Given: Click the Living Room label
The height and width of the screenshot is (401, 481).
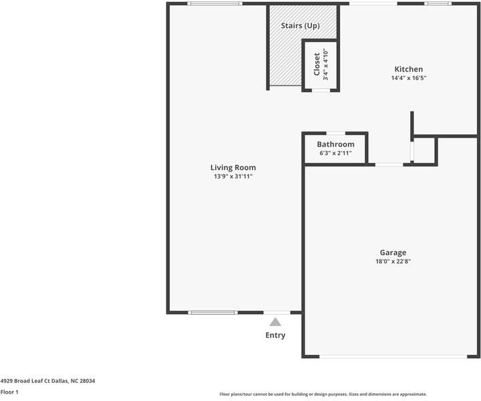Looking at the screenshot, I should (x=233, y=168).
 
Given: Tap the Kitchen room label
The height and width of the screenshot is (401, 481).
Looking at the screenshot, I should (x=408, y=70).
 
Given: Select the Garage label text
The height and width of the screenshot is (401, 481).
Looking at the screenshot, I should (x=393, y=253).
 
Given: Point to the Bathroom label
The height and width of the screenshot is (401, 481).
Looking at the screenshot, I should (x=335, y=144).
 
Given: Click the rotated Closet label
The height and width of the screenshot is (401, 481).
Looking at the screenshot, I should (x=317, y=65).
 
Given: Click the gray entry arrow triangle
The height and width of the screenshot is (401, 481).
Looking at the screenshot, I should (x=275, y=322).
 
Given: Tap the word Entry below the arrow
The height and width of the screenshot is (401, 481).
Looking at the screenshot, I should (x=275, y=336).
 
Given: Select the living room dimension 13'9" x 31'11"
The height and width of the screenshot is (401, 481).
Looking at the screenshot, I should (x=233, y=177).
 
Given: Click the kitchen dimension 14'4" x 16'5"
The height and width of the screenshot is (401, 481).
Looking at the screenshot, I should (x=408, y=78).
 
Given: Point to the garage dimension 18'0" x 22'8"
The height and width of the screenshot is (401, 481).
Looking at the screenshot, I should (x=393, y=262).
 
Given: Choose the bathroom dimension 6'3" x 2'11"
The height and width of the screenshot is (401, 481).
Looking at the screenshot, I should (x=335, y=153).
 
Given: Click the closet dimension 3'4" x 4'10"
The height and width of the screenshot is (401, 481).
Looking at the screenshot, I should (x=326, y=65).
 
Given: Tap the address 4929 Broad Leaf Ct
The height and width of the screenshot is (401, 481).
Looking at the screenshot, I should (x=47, y=381).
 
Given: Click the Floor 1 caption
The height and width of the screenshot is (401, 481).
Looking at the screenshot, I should (x=9, y=392).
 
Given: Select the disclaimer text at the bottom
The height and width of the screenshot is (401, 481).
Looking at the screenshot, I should (x=323, y=394).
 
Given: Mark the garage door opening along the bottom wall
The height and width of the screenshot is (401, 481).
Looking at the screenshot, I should (x=391, y=356).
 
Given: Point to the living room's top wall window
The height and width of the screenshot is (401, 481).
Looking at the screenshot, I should (x=214, y=4).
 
